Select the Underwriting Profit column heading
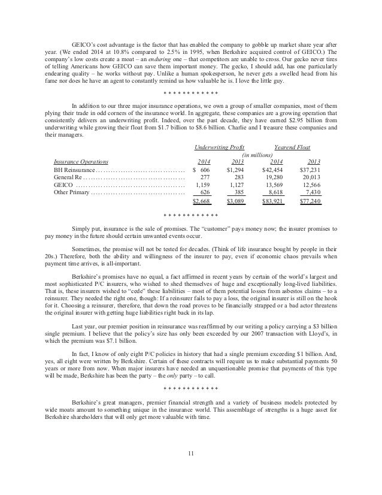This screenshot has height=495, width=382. pyautogui.click(x=221, y=147)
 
